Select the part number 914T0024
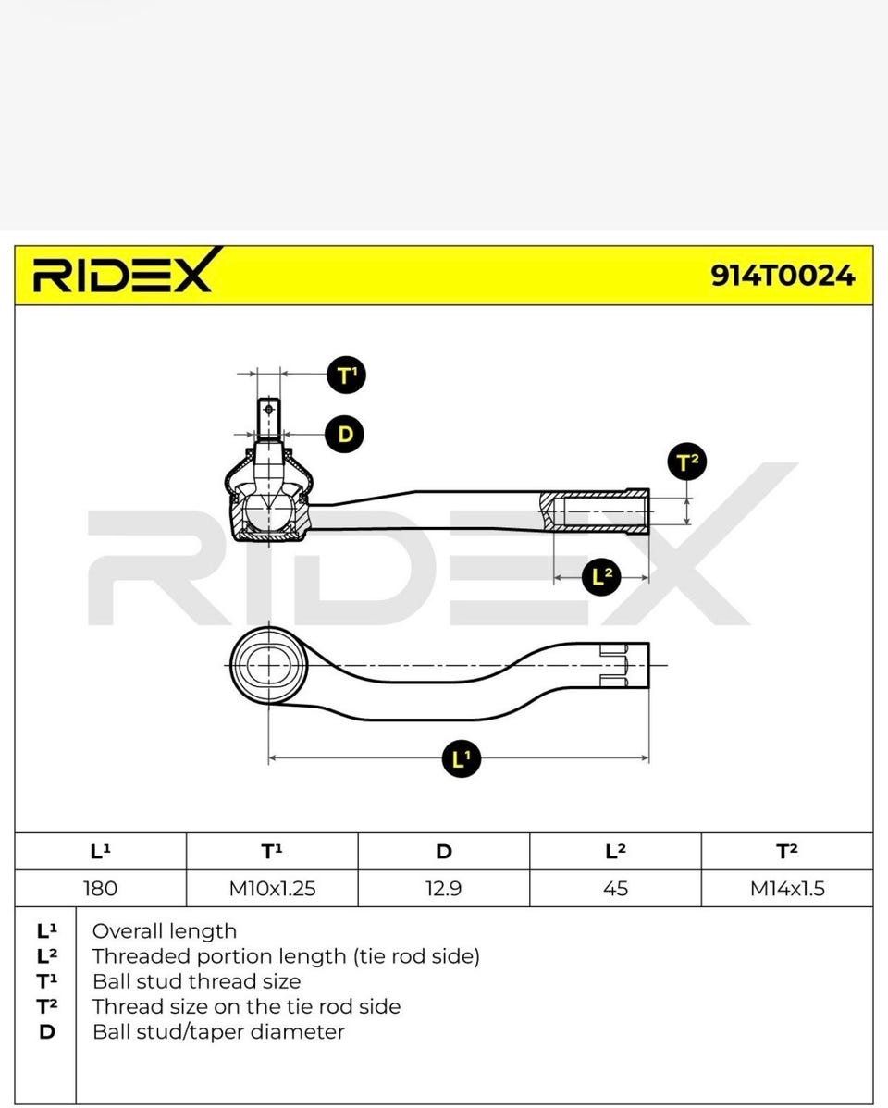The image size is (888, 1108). [783, 276]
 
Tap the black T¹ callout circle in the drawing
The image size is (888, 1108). [346, 375]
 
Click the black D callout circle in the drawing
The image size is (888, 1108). [344, 434]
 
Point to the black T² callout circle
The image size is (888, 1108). [687, 462]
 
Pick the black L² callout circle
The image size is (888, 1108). [601, 576]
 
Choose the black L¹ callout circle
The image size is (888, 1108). [461, 759]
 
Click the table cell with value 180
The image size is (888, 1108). [101, 888]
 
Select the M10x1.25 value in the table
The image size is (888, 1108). [272, 888]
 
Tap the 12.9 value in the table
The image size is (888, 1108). [444, 888]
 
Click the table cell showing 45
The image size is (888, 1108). [616, 888]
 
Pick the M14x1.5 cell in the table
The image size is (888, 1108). [787, 888]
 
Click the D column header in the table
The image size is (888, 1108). [444, 852]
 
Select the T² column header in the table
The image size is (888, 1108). [787, 852]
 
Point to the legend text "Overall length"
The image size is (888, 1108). [165, 931]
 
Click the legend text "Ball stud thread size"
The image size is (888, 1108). [196, 981]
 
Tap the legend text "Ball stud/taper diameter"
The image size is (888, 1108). [218, 1031]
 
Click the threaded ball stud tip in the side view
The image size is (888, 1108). [268, 418]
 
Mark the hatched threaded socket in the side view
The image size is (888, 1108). [595, 511]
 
